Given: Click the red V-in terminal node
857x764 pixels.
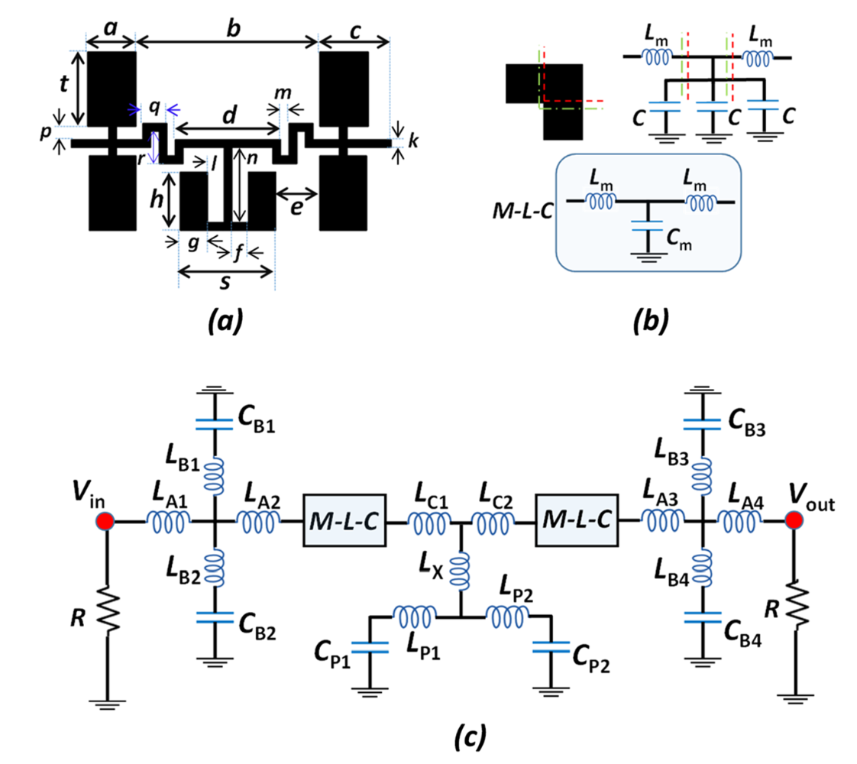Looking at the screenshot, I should pos(105,522).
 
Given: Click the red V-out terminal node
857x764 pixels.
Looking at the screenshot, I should pos(794,522).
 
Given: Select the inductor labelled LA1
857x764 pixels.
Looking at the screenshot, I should pos(168,522).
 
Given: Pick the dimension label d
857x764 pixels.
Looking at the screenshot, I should pos(227,114).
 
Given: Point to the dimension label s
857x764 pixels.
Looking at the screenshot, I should pos(226,284).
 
